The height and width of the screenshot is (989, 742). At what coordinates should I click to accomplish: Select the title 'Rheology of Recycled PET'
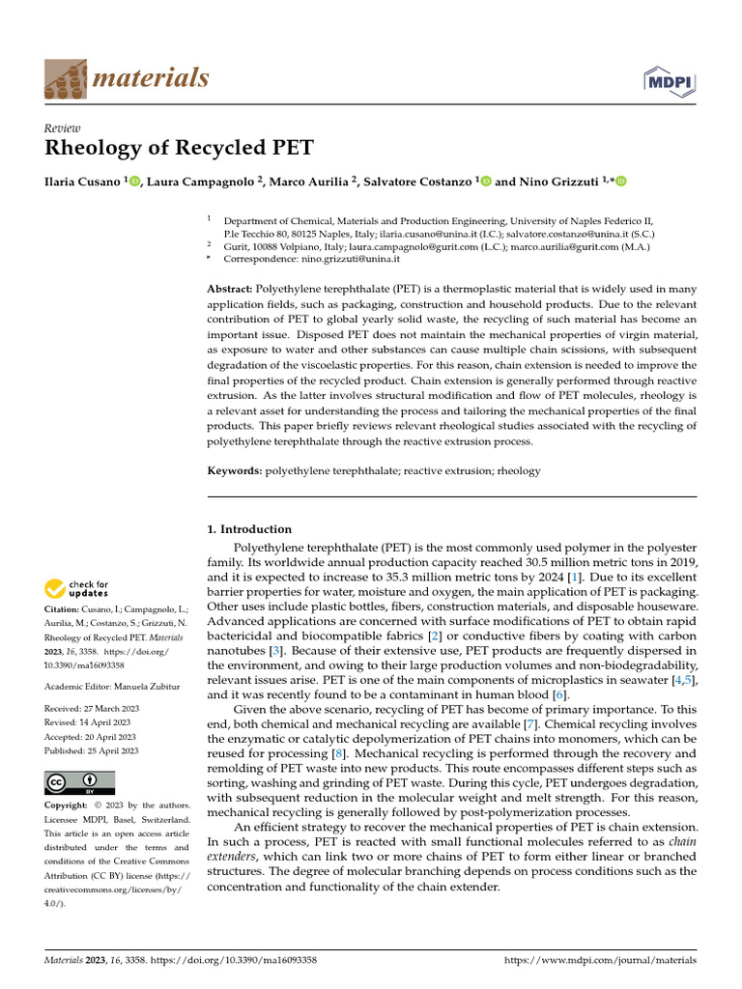(179, 148)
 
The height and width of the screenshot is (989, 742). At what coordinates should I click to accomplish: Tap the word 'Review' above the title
(63, 127)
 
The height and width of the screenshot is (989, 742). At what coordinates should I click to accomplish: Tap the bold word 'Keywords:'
(235, 470)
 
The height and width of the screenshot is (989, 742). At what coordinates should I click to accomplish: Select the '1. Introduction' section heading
(249, 529)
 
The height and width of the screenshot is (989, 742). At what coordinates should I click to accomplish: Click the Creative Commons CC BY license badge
(79, 782)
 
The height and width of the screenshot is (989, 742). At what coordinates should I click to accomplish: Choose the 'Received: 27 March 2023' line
(92, 708)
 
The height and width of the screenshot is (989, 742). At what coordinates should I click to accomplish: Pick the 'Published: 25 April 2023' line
(92, 750)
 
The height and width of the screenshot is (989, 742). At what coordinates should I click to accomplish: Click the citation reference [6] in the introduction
(557, 694)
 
